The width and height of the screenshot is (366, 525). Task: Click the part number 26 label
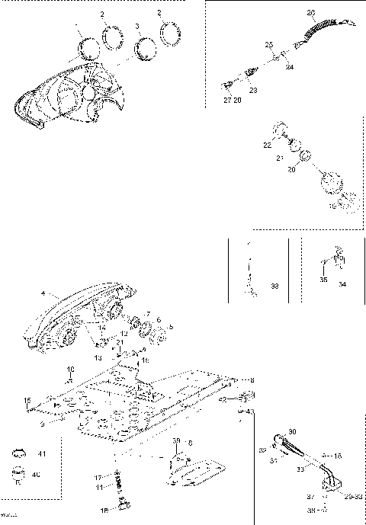pyautogui.click(x=310, y=13)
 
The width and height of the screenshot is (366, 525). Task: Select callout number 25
pyautogui.click(x=268, y=46)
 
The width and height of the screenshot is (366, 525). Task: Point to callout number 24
pyautogui.click(x=289, y=67)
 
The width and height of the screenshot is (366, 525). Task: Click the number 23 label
pyautogui.click(x=253, y=91)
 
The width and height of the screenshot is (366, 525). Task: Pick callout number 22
pyautogui.click(x=266, y=144)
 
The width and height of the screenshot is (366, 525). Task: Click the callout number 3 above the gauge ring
pyautogui.click(x=136, y=26)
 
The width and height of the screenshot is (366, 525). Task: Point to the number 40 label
pyautogui.click(x=37, y=474)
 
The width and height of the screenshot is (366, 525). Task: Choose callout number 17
pyautogui.click(x=98, y=477)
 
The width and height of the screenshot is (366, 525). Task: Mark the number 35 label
pyautogui.click(x=323, y=280)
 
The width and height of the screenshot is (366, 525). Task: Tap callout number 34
pyautogui.click(x=342, y=283)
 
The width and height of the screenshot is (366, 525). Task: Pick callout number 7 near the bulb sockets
pyautogui.click(x=146, y=315)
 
